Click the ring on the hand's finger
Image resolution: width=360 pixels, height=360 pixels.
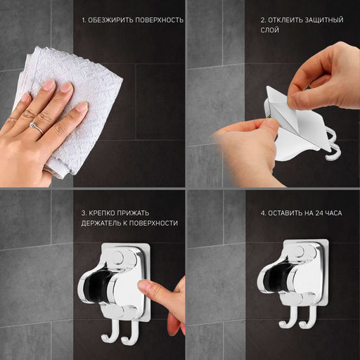pyautogui.click(x=37, y=128)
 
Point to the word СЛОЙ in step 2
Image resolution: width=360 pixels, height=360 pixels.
pyautogui.click(x=270, y=30)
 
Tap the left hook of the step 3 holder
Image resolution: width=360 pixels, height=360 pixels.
pyautogui.click(x=110, y=331)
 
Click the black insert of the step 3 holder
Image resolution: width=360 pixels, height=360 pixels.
pyautogui.click(x=96, y=288)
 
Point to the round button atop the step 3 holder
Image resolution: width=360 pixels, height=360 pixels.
pyautogui.click(x=117, y=258)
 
